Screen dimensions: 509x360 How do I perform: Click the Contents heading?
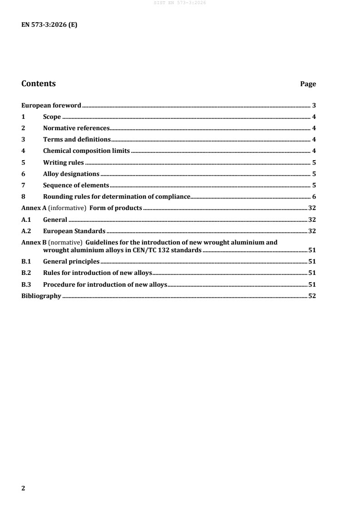(39, 83)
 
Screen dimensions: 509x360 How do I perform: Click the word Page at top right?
(308, 84)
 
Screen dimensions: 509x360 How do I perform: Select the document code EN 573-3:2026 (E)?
(49, 25)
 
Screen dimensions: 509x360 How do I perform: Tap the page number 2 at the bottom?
(24, 488)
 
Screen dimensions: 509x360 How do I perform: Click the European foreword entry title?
(51, 105)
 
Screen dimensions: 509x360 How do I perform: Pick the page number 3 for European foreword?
(314, 105)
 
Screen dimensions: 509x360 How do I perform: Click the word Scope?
(52, 117)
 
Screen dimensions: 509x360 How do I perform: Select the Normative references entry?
(76, 128)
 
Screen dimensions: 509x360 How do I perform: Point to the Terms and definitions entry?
(77, 139)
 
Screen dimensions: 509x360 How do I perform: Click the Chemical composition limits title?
(86, 151)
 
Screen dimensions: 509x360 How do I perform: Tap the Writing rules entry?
(63, 162)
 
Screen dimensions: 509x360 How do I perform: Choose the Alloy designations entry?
(71, 174)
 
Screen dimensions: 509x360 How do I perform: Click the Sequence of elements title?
(76, 185)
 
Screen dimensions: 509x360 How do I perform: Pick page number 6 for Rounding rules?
(314, 196)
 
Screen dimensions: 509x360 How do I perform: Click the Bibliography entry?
(41, 296)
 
